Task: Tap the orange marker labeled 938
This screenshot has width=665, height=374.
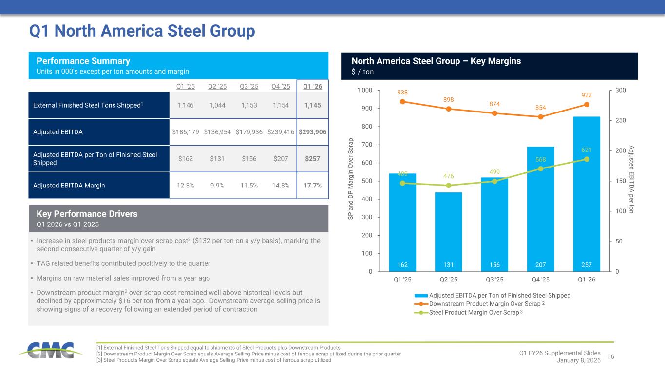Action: point(402,102)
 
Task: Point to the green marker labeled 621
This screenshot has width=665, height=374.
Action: point(587,159)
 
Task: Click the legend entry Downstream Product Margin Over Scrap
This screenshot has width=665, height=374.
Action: point(484,304)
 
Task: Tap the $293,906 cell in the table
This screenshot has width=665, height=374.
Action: point(312,132)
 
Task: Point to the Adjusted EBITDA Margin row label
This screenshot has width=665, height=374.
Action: point(69,186)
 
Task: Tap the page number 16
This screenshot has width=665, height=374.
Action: point(611,357)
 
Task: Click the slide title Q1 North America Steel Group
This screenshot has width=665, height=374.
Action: point(142,31)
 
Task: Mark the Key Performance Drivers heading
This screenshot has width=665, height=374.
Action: point(87,214)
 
